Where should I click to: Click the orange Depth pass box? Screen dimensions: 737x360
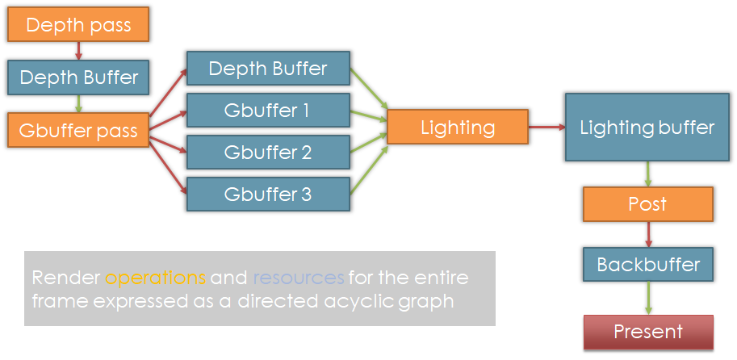pos(78,24)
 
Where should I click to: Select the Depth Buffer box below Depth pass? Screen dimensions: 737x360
pos(78,77)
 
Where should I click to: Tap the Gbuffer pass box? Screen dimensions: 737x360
pos(78,130)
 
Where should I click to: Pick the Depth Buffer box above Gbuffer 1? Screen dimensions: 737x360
pos(268,68)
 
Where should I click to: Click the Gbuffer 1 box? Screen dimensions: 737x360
pos(268,110)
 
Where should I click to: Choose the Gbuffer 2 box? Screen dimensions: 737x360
pos(268,152)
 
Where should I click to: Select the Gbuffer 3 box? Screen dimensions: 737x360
pos(268,194)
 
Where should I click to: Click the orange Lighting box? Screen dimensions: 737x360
pos(458,127)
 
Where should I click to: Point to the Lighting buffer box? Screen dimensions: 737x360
pos(647,127)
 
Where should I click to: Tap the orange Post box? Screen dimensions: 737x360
pos(648,204)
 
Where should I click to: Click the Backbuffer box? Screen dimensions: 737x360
pos(648,264)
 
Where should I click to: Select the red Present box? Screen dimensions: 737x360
pos(648,332)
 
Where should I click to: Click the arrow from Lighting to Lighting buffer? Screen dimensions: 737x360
pos(546,127)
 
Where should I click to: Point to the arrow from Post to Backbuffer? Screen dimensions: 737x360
pos(649,235)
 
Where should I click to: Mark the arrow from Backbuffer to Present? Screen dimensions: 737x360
pos(649,298)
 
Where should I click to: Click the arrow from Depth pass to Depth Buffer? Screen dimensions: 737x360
pos(78,51)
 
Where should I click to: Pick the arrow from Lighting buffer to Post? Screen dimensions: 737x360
pos(649,174)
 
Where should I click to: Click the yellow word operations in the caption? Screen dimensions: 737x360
pos(155,278)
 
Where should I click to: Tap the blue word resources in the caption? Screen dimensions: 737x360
pos(299,278)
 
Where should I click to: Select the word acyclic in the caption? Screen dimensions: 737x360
pos(356,302)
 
